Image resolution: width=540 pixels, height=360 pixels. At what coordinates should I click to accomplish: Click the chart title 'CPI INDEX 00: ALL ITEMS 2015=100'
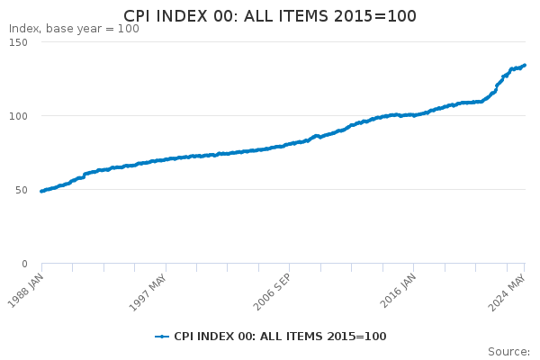pos(270,17)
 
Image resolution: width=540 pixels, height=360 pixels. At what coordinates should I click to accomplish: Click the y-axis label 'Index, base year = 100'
pos(74,29)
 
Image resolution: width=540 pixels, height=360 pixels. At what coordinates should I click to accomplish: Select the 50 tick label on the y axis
pos(21,190)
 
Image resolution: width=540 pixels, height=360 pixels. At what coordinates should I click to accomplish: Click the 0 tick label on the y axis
pos(24,264)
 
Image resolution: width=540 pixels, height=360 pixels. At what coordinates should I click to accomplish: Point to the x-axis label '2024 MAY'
pos(508,288)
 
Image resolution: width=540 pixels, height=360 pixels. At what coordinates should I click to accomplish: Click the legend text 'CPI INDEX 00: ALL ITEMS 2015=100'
pos(280,337)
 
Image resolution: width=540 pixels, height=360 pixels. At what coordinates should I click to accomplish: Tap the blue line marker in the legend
pos(162,337)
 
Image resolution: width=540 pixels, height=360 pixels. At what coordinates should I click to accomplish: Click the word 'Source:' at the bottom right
pos(508,351)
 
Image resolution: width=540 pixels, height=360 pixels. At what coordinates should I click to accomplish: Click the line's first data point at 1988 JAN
pos(41,191)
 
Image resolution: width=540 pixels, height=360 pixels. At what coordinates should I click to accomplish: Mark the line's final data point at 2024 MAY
pos(525,65)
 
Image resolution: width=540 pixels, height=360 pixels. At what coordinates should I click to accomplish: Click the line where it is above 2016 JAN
pos(414,115)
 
